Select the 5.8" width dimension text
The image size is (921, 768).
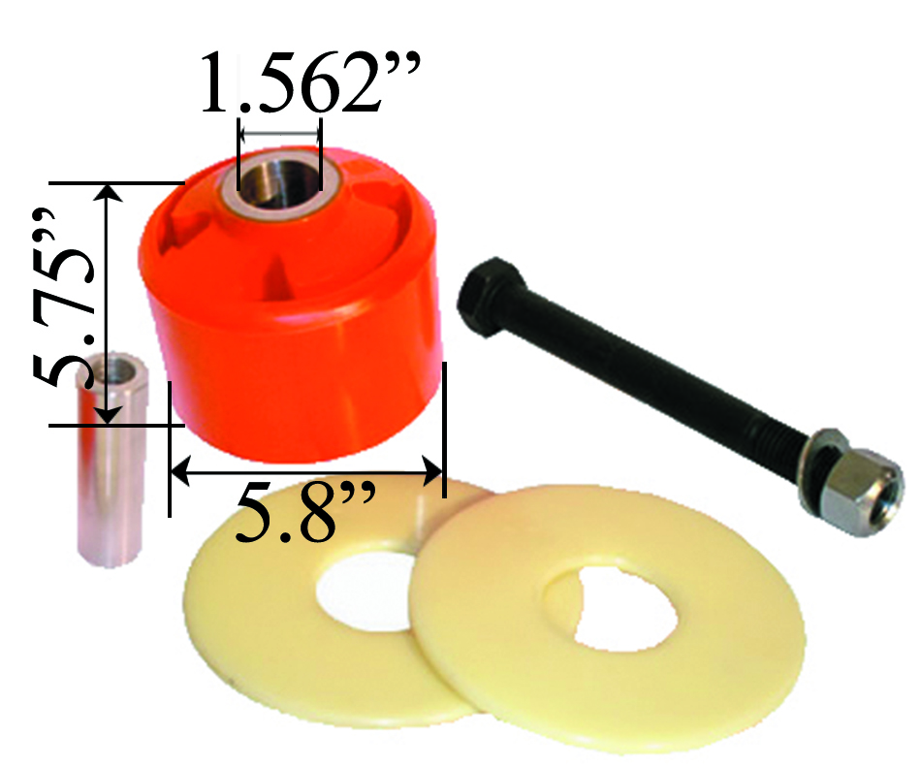click(304, 513)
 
